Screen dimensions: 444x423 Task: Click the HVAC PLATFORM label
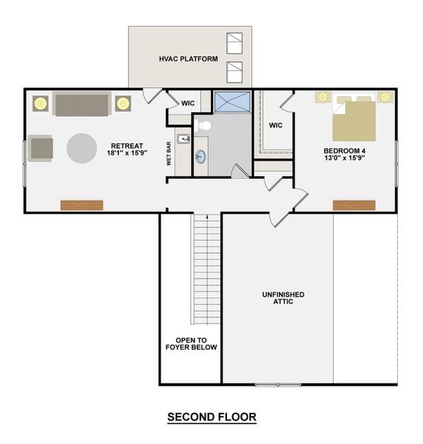(x=188, y=58)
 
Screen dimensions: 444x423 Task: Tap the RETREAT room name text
(x=126, y=146)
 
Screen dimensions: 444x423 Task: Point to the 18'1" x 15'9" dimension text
(x=126, y=155)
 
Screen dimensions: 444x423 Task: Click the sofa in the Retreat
(x=81, y=104)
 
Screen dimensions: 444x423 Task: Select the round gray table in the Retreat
(x=82, y=147)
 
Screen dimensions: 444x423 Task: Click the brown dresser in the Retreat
(x=81, y=205)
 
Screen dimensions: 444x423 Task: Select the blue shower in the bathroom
(x=232, y=101)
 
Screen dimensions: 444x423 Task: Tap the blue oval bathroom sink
(x=201, y=157)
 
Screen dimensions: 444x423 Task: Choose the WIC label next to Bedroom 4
(x=276, y=125)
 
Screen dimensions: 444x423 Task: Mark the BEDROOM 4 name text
(x=344, y=150)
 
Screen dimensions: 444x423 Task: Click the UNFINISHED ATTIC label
(x=283, y=298)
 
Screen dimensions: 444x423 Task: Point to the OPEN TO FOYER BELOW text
(x=191, y=343)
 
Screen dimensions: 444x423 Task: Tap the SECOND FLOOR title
(x=211, y=417)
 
